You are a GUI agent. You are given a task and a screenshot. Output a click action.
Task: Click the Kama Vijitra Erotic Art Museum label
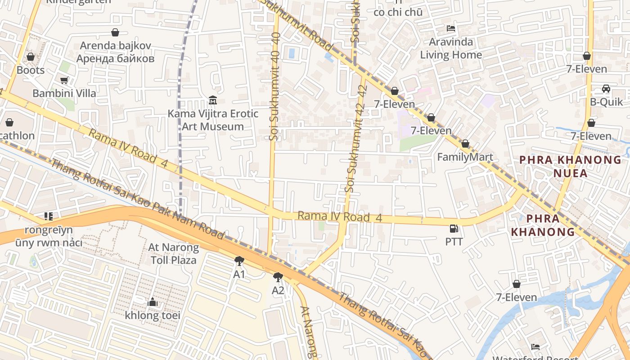213,120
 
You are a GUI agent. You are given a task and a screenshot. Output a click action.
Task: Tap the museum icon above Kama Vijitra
213,100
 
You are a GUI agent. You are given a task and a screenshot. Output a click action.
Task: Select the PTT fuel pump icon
454,229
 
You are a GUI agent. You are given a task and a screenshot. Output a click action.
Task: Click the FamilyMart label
465,157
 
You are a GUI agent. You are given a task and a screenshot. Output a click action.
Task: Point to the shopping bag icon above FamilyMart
465,144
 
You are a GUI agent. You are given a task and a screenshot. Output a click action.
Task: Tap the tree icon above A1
239,261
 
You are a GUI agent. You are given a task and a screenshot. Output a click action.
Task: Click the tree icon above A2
278,277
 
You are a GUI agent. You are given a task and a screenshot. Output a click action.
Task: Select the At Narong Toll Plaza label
174,254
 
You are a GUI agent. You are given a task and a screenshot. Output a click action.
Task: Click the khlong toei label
153,315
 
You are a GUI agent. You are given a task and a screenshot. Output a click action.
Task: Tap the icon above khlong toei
153,302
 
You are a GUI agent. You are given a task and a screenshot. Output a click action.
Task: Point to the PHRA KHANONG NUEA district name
571,166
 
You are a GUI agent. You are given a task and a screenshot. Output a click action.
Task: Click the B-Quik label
607,102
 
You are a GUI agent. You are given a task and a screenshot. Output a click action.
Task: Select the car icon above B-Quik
606,89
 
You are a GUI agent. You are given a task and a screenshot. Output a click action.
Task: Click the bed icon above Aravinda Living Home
451,28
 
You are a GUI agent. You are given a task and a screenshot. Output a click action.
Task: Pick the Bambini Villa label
64,93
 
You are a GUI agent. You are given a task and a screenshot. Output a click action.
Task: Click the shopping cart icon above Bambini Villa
64,81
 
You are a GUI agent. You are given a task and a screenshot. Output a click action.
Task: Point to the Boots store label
31,70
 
